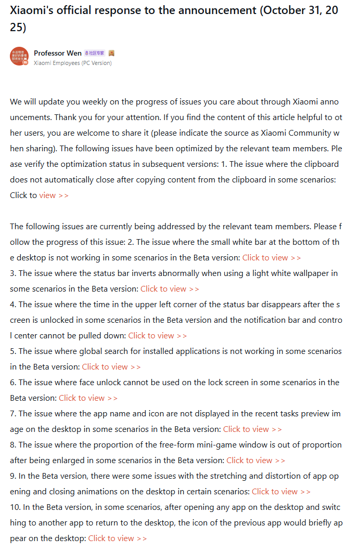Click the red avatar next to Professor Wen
tap(19, 56)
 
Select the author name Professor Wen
tap(58, 53)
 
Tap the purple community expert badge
tap(94, 53)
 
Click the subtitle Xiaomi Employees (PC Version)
tap(72, 63)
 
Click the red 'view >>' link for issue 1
tap(54, 195)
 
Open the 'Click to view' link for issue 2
tap(271, 258)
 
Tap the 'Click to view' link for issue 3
tap(170, 289)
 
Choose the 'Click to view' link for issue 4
tap(158, 336)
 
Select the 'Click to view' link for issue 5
tap(111, 367)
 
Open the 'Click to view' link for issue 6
tap(88, 398)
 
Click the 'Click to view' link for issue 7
tap(252, 429)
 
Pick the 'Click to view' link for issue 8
tap(255, 461)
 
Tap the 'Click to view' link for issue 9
tap(281, 492)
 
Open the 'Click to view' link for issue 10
tap(117, 538)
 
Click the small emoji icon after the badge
tap(111, 53)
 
